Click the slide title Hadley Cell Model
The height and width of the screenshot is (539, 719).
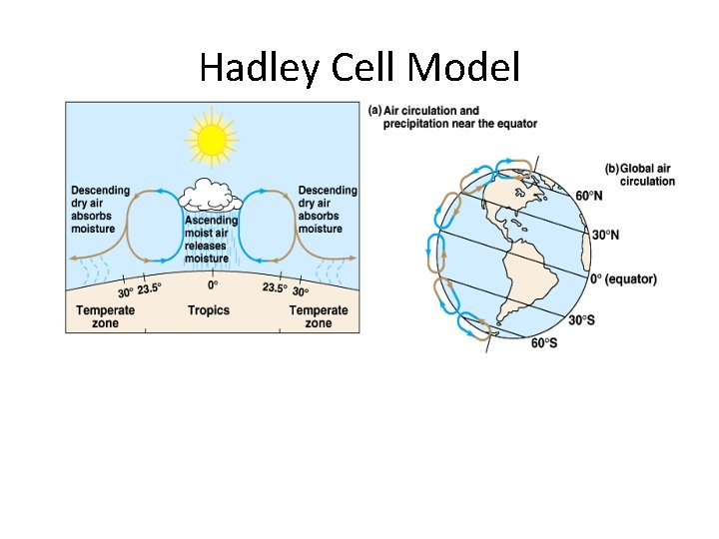(359, 68)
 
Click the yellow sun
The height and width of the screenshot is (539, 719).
(212, 141)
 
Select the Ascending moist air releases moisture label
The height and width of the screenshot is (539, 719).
(211, 240)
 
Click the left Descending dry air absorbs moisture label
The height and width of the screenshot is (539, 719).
(100, 210)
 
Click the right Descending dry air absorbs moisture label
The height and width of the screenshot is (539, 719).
(327, 210)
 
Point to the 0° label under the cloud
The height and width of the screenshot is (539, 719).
(212, 285)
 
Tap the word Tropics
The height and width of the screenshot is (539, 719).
(209, 310)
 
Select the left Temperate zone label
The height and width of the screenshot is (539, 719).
(105, 316)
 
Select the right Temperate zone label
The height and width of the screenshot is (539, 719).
(318, 316)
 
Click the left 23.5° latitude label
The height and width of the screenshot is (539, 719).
(150, 289)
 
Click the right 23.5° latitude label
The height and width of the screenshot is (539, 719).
(274, 288)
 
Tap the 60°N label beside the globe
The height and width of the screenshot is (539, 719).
(588, 196)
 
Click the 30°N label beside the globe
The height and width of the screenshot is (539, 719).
(605, 236)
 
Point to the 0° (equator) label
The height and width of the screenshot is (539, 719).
(623, 279)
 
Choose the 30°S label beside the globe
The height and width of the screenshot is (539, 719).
(583, 320)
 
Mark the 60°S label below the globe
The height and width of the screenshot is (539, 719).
(544, 343)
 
